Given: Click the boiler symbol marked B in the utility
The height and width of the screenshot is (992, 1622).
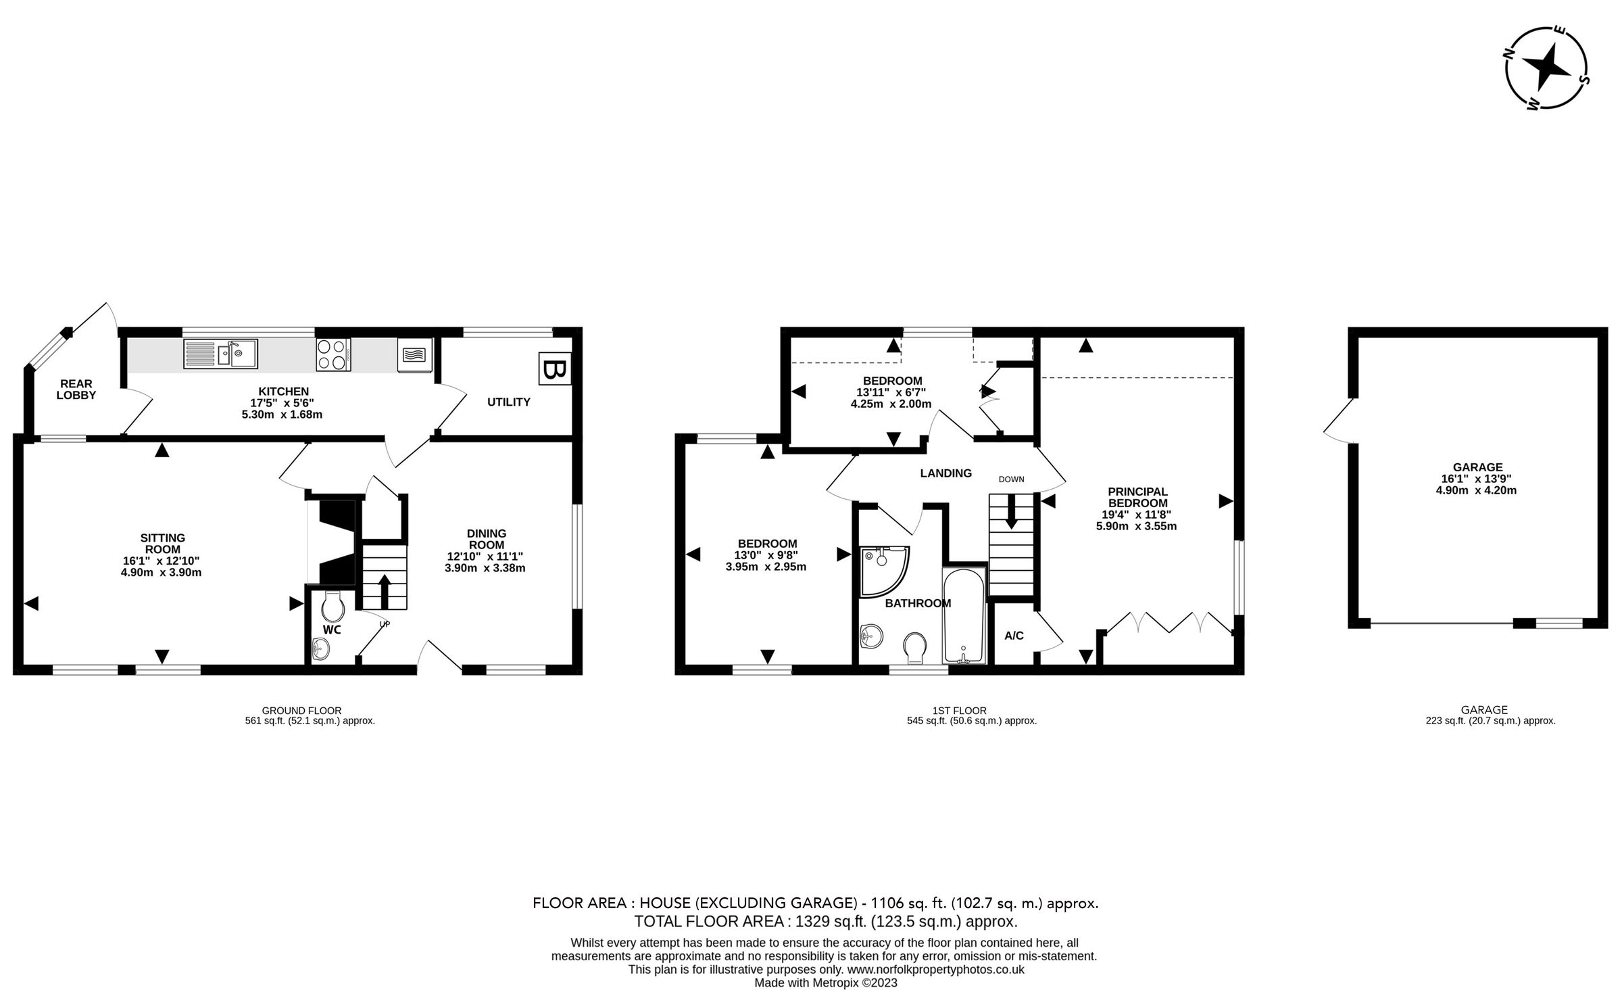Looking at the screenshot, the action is (555, 369).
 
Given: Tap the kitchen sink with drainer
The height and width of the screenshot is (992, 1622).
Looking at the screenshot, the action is (220, 354).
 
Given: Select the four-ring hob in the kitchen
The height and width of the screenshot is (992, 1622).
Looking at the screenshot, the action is (333, 354).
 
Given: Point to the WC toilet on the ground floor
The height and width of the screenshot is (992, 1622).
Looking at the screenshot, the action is (332, 607).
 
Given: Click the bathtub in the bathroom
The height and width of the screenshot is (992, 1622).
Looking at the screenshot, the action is (964, 616).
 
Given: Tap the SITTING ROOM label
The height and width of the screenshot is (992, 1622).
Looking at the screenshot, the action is (162, 544).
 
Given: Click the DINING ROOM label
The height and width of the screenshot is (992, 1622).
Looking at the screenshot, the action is (487, 539).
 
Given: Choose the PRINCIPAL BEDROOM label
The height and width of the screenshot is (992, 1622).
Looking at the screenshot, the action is (1138, 497).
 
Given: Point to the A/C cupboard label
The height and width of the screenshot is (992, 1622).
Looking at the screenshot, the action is (1014, 636).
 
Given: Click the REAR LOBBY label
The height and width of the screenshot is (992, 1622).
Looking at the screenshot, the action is (76, 389).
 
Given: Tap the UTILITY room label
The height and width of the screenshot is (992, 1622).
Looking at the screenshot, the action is (509, 402).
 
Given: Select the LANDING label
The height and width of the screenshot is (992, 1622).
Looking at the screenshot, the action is (946, 473).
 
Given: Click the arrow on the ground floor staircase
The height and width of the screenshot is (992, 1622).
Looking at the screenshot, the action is (385, 591).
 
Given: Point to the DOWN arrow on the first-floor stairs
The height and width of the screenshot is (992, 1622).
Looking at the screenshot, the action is (1012, 511).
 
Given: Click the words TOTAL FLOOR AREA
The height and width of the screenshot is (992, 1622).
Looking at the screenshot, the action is (709, 921).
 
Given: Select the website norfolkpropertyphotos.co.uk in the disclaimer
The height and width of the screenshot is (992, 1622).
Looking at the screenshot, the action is (936, 970).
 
